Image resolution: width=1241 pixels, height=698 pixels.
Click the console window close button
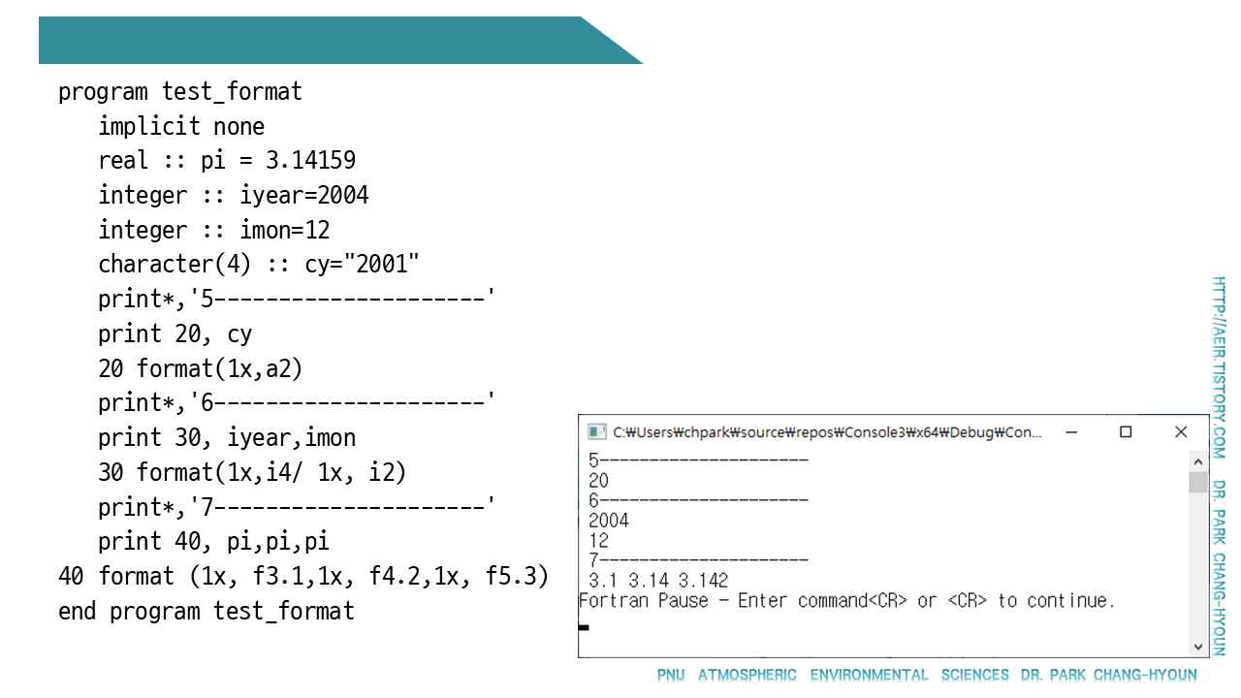1181,432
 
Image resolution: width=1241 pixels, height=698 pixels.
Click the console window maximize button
1126,432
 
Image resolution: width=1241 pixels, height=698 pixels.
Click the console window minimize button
1070,432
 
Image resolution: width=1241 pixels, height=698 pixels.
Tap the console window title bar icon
597,432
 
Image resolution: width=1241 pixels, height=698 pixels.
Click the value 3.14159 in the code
310,161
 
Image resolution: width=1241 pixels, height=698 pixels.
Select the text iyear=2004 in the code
304,196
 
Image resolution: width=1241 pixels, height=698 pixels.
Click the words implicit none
181,127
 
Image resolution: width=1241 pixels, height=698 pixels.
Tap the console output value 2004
609,521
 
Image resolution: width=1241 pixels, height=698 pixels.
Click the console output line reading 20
599,480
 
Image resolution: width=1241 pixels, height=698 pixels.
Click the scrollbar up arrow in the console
1198,459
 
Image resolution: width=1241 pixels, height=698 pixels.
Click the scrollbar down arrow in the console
1198,646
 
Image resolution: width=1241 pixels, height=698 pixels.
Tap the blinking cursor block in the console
584,627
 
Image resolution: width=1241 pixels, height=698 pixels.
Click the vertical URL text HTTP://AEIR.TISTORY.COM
1220,367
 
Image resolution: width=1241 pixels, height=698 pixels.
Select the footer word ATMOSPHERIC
748,675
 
